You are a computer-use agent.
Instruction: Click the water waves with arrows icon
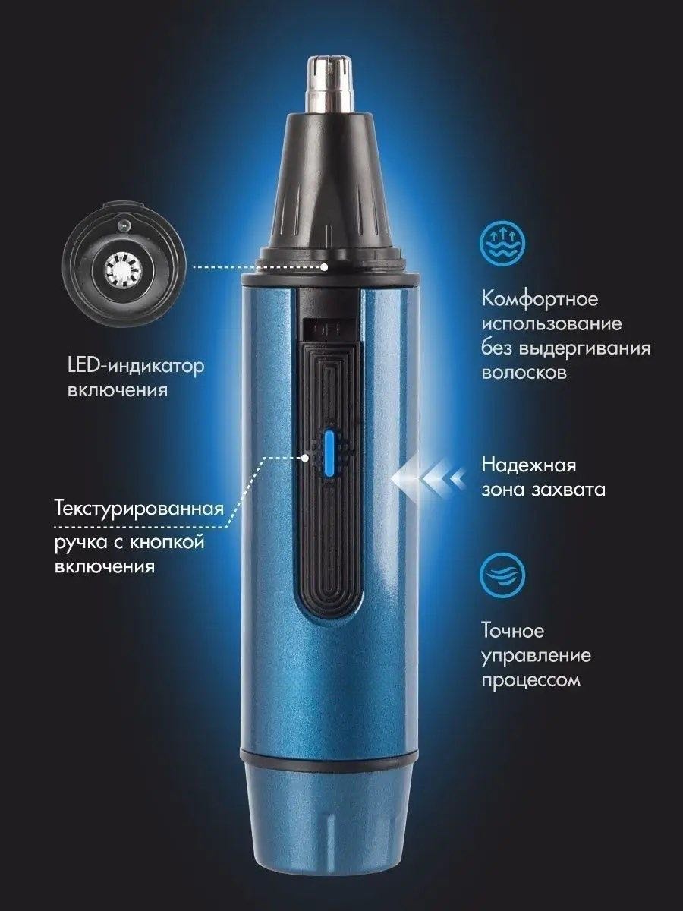502,243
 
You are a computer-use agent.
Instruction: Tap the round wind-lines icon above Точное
502,575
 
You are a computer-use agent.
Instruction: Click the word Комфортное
540,300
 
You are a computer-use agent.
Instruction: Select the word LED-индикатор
136,367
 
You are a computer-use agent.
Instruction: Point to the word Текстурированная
139,509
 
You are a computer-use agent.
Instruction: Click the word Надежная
529,465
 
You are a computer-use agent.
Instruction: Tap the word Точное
512,632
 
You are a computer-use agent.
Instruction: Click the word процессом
530,682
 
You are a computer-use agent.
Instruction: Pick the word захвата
568,490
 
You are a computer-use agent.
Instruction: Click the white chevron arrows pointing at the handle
428,478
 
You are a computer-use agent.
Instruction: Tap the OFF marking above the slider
328,330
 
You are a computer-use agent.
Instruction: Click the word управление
537,657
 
